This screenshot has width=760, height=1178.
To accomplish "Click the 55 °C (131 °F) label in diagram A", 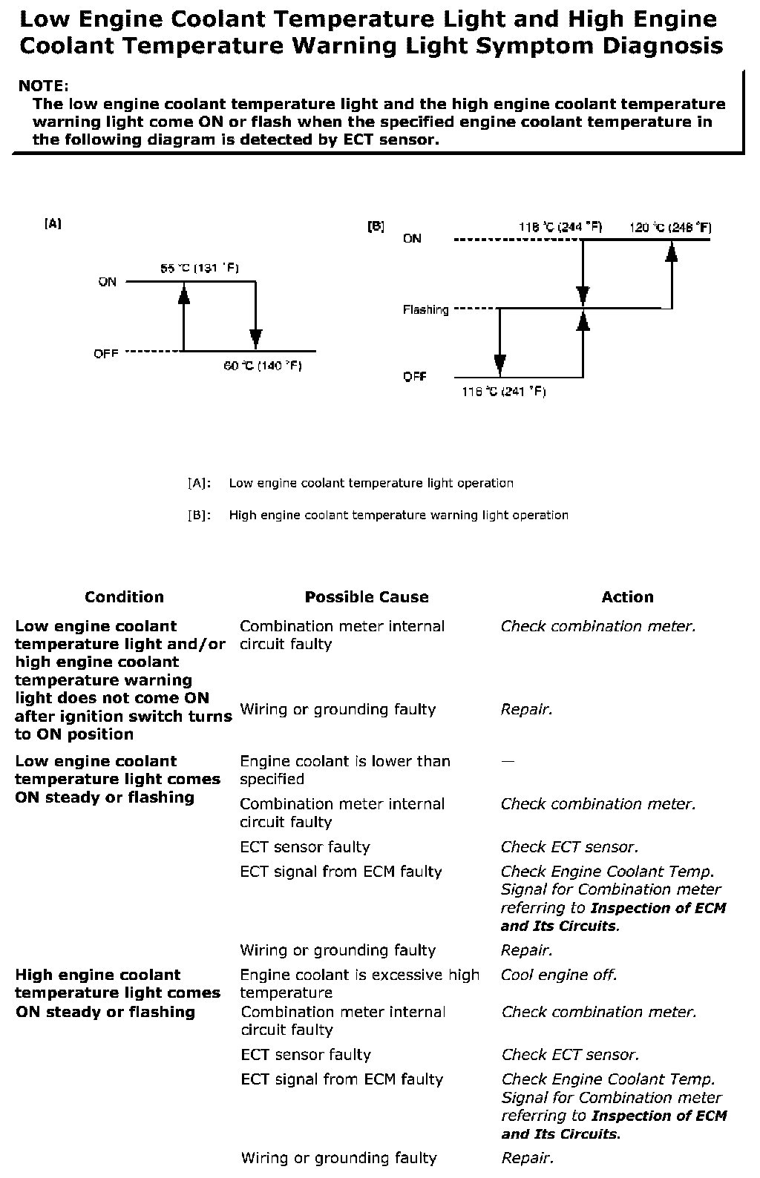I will pos(199,269).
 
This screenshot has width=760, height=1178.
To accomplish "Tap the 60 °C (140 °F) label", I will pos(263,366).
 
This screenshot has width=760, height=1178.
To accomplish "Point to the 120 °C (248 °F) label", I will pos(669,227).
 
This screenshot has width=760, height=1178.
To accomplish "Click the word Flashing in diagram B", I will pos(425,310).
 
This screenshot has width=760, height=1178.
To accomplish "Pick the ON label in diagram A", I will pos(107,283).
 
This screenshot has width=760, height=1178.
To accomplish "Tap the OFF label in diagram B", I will pos(415,376).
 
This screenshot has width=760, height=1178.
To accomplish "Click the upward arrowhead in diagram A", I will pos(183,294).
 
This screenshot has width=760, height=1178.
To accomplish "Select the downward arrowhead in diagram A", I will pos(256,338).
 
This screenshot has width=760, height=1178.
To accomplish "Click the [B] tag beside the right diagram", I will pos(376,226).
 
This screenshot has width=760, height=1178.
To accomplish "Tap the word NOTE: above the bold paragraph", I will pos(43,86).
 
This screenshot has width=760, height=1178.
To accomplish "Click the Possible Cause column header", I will pos(367,597).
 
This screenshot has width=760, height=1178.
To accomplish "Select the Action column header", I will pos(627,597).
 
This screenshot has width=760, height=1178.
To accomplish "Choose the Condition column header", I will pos(124,597).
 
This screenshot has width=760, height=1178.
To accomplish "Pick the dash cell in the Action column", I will pos(507,761).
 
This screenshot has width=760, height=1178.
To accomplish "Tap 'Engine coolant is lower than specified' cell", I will pos(345,770).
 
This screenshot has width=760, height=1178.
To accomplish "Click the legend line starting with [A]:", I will pos(350,483).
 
